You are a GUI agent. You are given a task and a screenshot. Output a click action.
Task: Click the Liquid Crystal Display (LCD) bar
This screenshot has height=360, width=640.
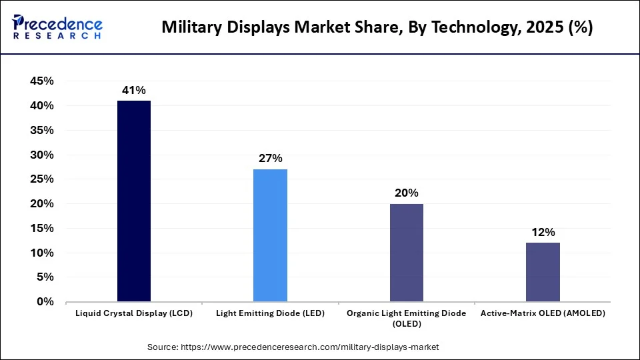[x=134, y=201]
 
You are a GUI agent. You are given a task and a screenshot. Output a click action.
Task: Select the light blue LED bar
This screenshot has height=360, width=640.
[x=270, y=235]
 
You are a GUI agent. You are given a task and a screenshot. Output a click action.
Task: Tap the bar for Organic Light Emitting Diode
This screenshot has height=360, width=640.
[x=406, y=253]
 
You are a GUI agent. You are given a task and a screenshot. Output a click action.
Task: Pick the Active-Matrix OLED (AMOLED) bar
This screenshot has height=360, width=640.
[x=543, y=272]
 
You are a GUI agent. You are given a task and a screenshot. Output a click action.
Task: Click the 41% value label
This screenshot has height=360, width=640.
[x=134, y=90]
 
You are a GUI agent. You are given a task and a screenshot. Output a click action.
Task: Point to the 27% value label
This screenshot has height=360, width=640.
[x=270, y=159]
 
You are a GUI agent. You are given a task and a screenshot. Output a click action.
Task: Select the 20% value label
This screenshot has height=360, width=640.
[x=406, y=193]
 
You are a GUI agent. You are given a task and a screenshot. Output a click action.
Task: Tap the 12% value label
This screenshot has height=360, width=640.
[x=543, y=233]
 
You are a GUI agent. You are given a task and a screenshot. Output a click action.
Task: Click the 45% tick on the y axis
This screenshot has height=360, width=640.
[x=41, y=81]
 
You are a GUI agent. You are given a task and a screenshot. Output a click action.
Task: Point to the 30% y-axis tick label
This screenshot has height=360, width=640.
[x=41, y=155]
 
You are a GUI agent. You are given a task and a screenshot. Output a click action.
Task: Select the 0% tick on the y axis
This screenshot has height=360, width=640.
[x=45, y=302]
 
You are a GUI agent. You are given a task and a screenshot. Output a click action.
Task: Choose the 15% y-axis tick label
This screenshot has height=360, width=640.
[x=41, y=229]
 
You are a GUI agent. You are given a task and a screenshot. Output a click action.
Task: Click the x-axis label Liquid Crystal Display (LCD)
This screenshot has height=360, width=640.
[x=134, y=313]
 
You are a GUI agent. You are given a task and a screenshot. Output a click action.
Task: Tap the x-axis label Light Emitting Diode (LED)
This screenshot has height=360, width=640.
[x=270, y=313]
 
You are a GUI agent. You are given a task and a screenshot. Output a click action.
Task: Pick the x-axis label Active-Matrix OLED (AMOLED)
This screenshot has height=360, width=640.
[x=543, y=313]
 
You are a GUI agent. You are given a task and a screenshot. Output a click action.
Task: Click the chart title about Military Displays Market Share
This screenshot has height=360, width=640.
[x=377, y=27]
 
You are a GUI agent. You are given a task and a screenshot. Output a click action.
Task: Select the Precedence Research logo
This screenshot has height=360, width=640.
[x=57, y=27]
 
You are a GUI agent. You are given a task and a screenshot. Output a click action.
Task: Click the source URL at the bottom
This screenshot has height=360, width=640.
[x=293, y=347]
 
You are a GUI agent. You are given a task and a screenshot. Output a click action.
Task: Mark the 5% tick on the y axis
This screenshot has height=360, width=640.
[x=45, y=277]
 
